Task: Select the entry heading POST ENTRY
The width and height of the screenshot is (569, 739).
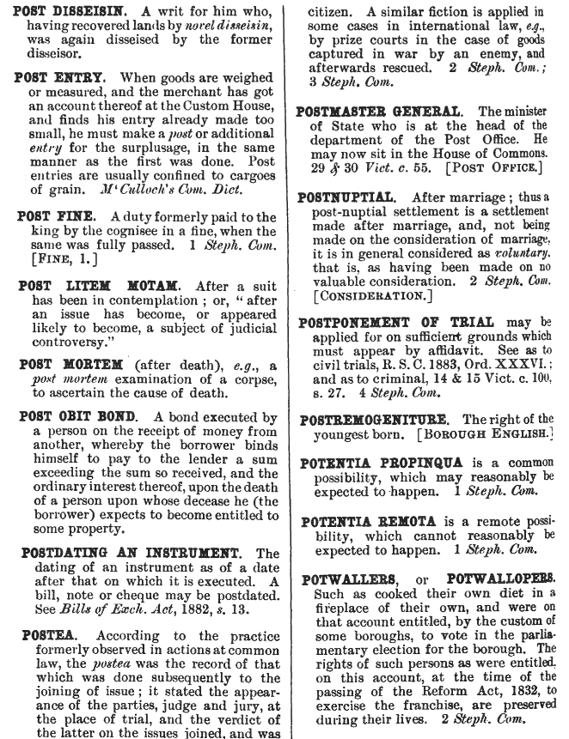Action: click(57, 78)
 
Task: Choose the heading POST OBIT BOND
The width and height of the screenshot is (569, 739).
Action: click(74, 418)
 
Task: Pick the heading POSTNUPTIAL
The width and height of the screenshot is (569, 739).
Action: click(346, 196)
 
